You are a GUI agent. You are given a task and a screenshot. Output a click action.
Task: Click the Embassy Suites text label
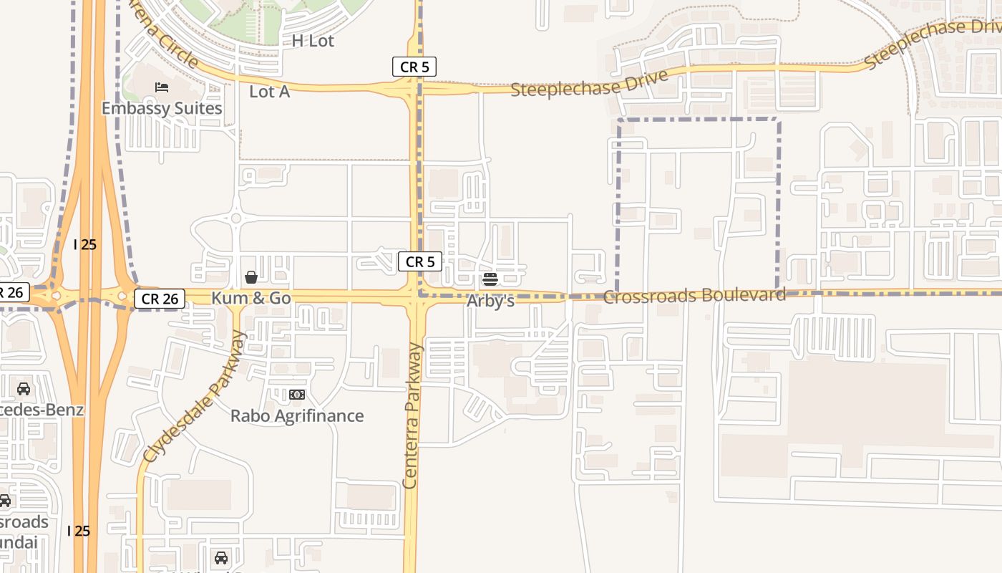point(162,108)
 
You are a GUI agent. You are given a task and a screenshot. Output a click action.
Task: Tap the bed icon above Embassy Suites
point(162,87)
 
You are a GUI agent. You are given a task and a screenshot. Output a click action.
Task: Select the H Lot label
point(313,41)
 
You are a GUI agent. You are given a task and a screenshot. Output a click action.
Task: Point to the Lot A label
point(269,92)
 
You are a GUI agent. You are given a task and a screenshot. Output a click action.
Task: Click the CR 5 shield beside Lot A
point(414,67)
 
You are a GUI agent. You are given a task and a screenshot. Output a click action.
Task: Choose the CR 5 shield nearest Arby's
point(419,261)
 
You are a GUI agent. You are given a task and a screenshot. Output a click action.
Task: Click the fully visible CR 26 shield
point(160,299)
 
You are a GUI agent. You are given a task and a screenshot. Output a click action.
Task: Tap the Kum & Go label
point(251,297)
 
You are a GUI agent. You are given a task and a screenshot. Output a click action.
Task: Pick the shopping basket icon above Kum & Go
point(251,277)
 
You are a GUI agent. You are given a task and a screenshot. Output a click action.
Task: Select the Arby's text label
point(490,301)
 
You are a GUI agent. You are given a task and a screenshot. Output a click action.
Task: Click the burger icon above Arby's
point(490,279)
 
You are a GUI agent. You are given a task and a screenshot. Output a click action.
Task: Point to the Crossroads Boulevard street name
point(694,295)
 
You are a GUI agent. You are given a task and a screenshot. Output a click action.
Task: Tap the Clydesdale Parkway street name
point(193,396)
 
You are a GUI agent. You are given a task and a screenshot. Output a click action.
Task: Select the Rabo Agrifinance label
point(297,415)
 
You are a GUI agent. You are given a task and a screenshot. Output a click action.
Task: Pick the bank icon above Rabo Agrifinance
point(297,395)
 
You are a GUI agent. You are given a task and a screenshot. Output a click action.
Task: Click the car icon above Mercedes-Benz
point(24,389)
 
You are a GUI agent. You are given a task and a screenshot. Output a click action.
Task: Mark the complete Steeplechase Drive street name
point(589,83)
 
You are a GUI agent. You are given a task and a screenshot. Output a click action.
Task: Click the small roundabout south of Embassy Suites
point(235,218)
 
